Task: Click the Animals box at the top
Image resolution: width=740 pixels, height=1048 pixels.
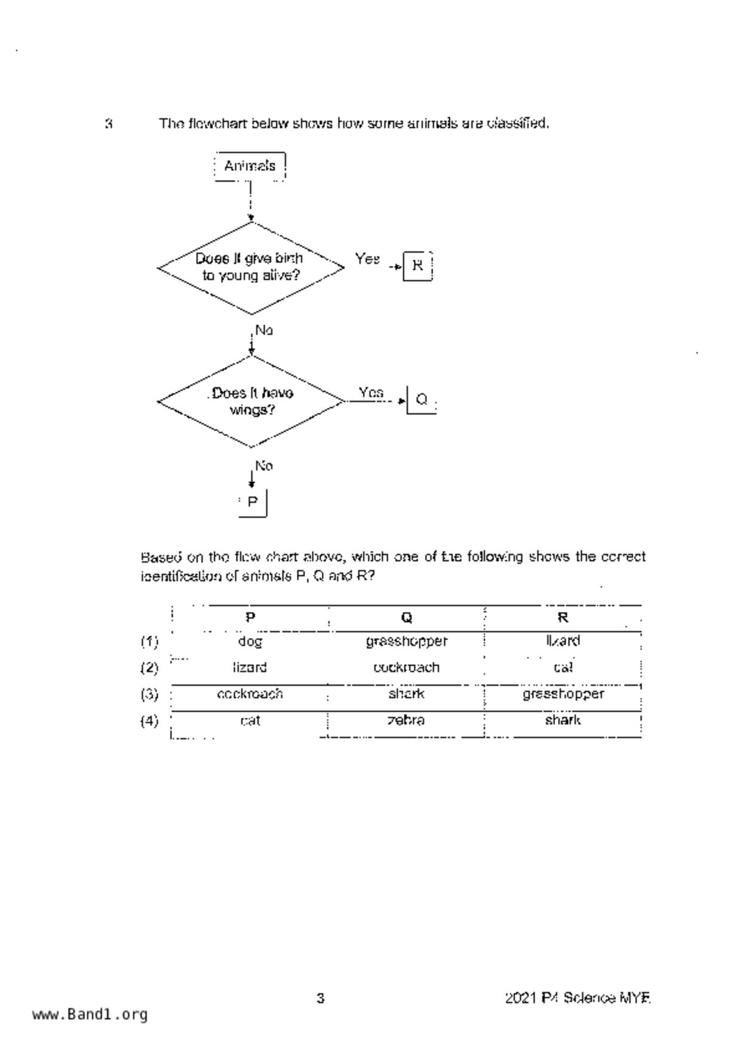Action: point(250,166)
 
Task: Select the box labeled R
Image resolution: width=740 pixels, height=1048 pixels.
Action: point(417,266)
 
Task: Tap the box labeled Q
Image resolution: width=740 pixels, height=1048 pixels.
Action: point(421,399)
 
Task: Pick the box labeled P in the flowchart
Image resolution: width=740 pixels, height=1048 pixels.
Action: point(252,502)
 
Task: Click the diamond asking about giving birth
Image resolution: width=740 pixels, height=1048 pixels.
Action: point(250,267)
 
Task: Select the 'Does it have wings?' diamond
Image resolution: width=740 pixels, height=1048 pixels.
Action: point(251,402)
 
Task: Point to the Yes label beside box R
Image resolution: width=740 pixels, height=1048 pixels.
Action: point(367,259)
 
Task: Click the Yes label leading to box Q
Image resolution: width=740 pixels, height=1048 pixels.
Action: point(371,393)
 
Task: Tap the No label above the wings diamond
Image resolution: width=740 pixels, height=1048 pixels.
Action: point(264,330)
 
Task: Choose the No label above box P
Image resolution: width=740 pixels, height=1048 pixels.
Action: point(264,465)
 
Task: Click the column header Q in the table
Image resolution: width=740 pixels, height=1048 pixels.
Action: point(406,617)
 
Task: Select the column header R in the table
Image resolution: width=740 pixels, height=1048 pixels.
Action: point(563,617)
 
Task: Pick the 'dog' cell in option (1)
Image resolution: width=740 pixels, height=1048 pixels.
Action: point(250,642)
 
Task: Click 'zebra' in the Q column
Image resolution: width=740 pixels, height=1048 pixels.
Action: point(406,720)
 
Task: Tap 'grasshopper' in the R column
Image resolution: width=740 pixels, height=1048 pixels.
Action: point(563,694)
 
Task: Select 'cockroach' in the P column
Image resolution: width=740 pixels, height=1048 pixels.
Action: point(250,694)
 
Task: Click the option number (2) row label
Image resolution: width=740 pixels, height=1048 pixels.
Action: point(149,667)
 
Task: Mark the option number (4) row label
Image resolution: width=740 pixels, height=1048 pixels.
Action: point(149,721)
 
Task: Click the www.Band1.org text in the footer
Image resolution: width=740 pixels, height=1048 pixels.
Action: point(90,1015)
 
